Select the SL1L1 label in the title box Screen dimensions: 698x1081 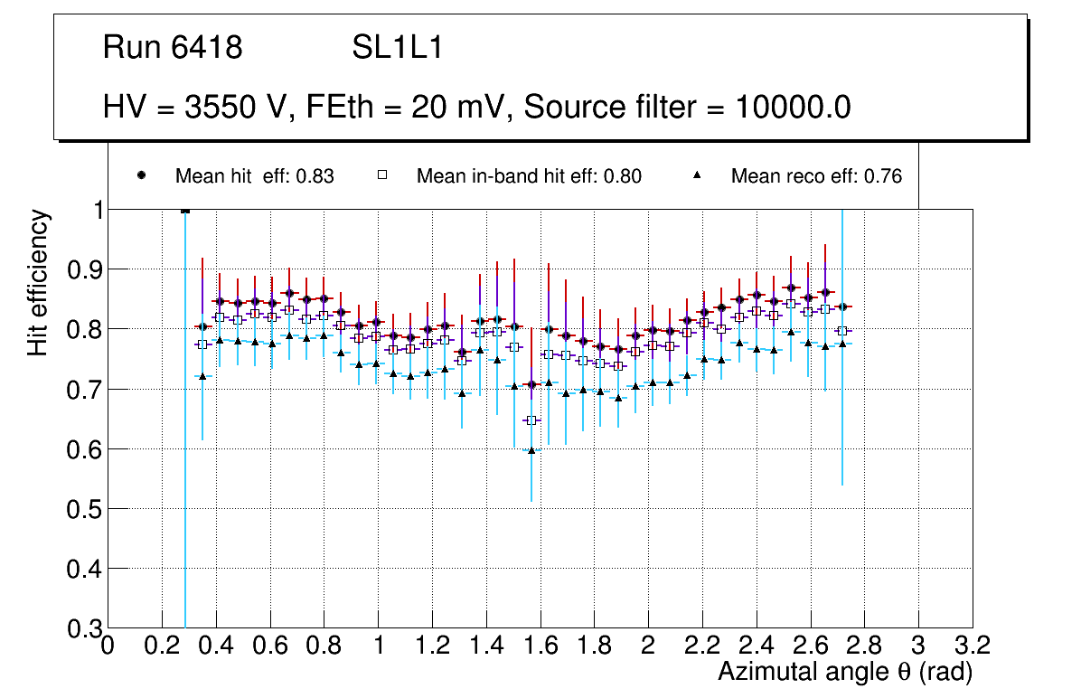tap(397, 47)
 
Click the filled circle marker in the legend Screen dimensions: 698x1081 tap(140, 175)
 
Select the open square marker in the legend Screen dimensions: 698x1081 tap(381, 175)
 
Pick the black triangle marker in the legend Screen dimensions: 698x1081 tap(699, 175)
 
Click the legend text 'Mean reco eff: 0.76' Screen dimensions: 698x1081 tap(816, 176)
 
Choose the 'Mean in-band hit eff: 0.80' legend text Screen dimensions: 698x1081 tap(529, 176)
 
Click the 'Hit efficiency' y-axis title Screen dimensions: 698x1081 tap(38, 282)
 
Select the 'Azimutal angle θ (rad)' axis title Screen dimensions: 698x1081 tap(845, 672)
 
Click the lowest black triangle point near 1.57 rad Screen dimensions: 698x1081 tap(531, 449)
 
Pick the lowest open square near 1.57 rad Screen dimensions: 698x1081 tap(531, 420)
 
